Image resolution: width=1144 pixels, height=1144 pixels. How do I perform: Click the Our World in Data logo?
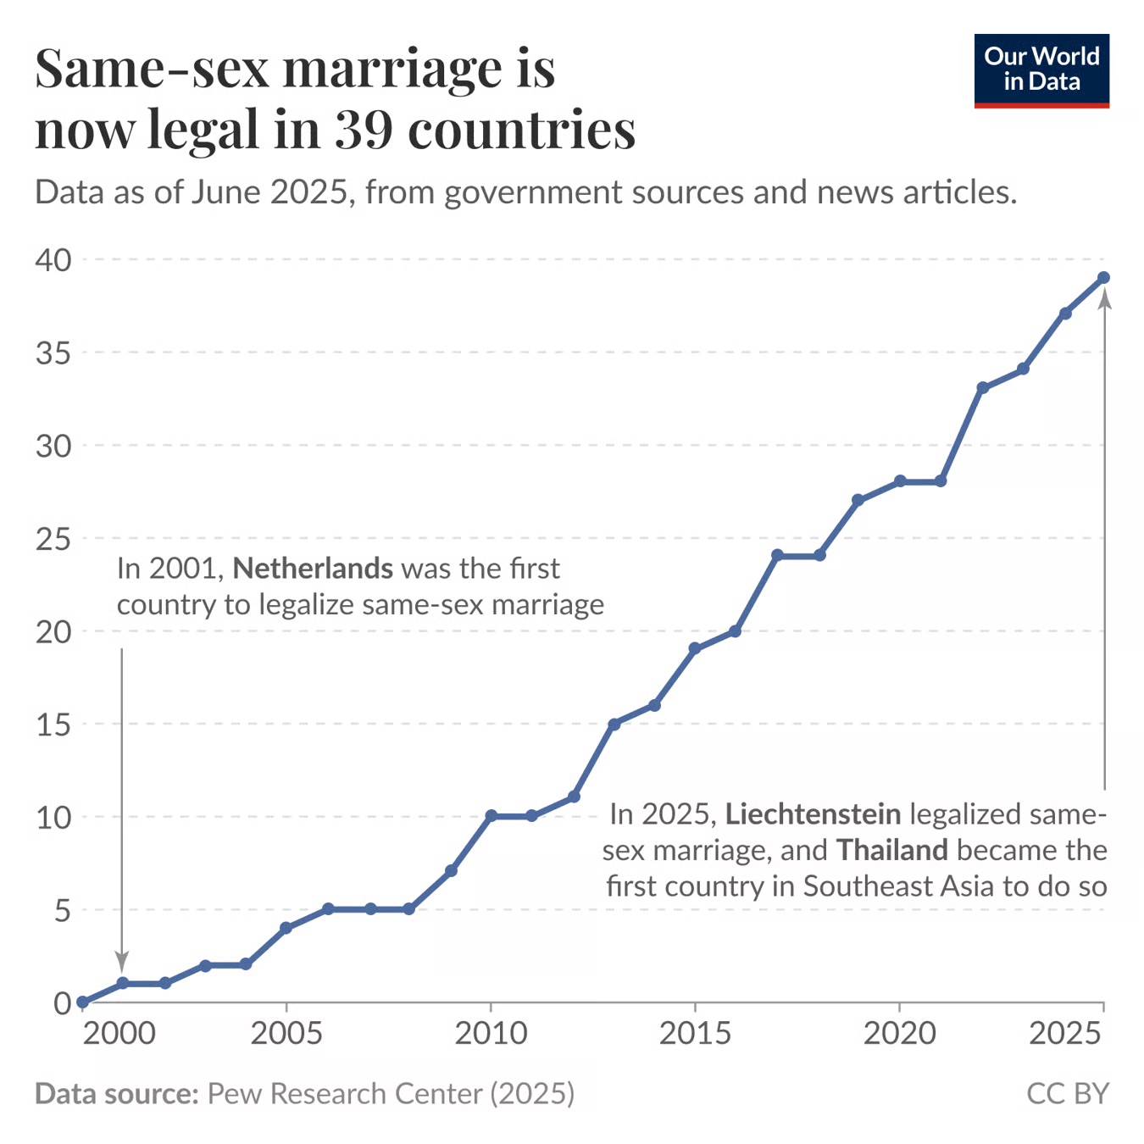[1041, 70]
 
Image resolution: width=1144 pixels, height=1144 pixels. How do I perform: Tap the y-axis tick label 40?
[53, 259]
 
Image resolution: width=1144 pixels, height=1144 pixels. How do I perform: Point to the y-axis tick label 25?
[53, 538]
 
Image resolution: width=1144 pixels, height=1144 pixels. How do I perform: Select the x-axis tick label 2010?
[491, 1034]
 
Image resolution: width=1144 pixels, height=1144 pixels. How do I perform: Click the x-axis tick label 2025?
[1065, 1034]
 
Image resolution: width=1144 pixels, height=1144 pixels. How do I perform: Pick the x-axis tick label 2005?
[286, 1034]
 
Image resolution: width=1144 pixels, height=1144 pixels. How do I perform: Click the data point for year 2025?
[1103, 278]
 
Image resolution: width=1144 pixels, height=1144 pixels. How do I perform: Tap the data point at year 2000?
[82, 1002]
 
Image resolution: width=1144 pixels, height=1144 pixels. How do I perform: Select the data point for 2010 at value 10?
[491, 816]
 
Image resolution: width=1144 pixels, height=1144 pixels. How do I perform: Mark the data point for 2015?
[695, 649]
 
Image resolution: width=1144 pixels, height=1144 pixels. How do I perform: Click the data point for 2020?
[900, 481]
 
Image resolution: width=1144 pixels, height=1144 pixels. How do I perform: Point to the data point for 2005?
[286, 928]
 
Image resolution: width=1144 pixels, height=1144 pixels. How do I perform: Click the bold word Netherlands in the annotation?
[313, 569]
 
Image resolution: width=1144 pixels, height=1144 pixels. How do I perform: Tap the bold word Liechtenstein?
[813, 814]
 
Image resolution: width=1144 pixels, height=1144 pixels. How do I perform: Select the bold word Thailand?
[892, 850]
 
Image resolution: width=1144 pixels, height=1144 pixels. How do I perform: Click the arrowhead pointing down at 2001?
[122, 962]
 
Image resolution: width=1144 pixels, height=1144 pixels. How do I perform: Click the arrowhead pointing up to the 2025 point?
[1104, 298]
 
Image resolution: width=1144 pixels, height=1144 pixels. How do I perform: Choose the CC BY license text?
[1067, 1093]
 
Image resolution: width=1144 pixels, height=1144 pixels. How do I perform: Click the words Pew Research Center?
[345, 1093]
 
